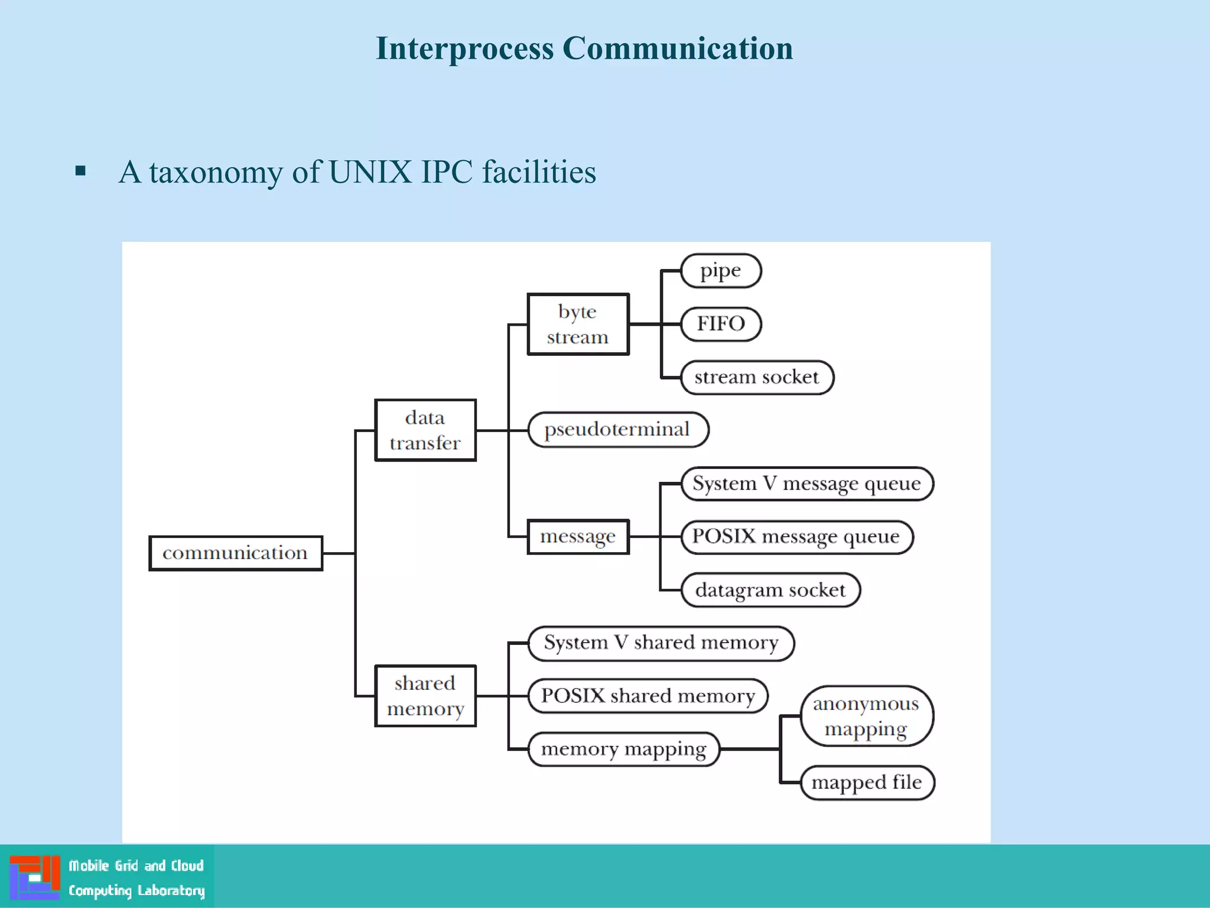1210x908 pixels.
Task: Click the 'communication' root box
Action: pyautogui.click(x=235, y=553)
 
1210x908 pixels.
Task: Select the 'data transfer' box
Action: pyautogui.click(x=425, y=430)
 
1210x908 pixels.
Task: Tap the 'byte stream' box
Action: pyautogui.click(x=577, y=324)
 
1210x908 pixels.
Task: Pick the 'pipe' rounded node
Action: pyautogui.click(x=720, y=271)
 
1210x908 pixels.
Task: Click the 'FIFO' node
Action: pyautogui.click(x=720, y=324)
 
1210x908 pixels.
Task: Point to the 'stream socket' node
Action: pyautogui.click(x=756, y=377)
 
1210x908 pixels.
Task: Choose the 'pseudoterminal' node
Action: pyautogui.click(x=617, y=430)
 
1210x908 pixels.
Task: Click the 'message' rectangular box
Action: pyautogui.click(x=577, y=537)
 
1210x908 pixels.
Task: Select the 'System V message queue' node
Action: pyautogui.click(x=806, y=484)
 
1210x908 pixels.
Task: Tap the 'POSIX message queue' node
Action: pyautogui.click(x=796, y=537)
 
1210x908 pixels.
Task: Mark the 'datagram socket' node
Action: pyautogui.click(x=770, y=590)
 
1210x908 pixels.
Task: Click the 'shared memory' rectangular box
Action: pyautogui.click(x=425, y=696)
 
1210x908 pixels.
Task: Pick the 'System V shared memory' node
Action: pyautogui.click(x=661, y=643)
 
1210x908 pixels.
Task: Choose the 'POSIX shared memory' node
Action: pyautogui.click(x=648, y=696)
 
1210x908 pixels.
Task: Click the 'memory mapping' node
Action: pyautogui.click(x=623, y=749)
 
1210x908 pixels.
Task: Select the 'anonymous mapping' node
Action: pyautogui.click(x=866, y=716)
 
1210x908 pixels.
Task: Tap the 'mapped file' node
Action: pyautogui.click(x=867, y=783)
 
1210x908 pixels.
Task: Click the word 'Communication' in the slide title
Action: pyautogui.click(x=677, y=48)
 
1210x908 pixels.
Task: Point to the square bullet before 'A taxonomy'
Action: pyautogui.click(x=81, y=171)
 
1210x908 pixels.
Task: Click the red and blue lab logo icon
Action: pyautogui.click(x=35, y=877)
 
